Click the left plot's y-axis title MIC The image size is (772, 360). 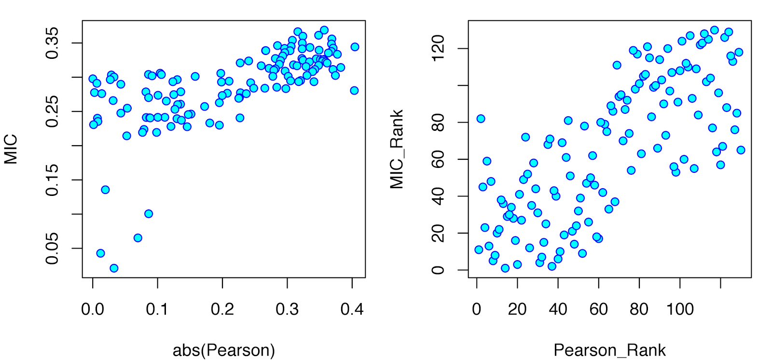11,149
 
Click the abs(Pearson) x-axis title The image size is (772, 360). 224,350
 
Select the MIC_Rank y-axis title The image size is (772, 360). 397,149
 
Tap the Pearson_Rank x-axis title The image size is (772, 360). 609,350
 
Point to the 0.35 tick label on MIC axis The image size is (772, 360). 52,43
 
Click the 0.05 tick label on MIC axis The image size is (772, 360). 52,249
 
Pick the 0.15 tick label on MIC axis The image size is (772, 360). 52,180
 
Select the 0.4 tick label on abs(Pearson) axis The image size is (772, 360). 352,309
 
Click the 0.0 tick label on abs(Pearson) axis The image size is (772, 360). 93,309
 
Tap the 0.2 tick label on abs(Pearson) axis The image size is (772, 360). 222,309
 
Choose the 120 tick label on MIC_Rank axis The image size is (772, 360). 438,49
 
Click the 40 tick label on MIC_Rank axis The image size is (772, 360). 438,196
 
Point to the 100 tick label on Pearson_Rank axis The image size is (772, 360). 680,309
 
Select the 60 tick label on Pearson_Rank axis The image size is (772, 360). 599,309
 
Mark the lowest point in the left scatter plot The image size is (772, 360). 114,268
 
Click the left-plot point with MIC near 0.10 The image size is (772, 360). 149,214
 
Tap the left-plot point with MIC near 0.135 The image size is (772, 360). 105,190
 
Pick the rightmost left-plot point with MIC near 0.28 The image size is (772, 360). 354,91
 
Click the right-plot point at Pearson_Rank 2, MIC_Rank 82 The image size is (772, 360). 481,119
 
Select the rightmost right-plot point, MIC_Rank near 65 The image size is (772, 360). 741,150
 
